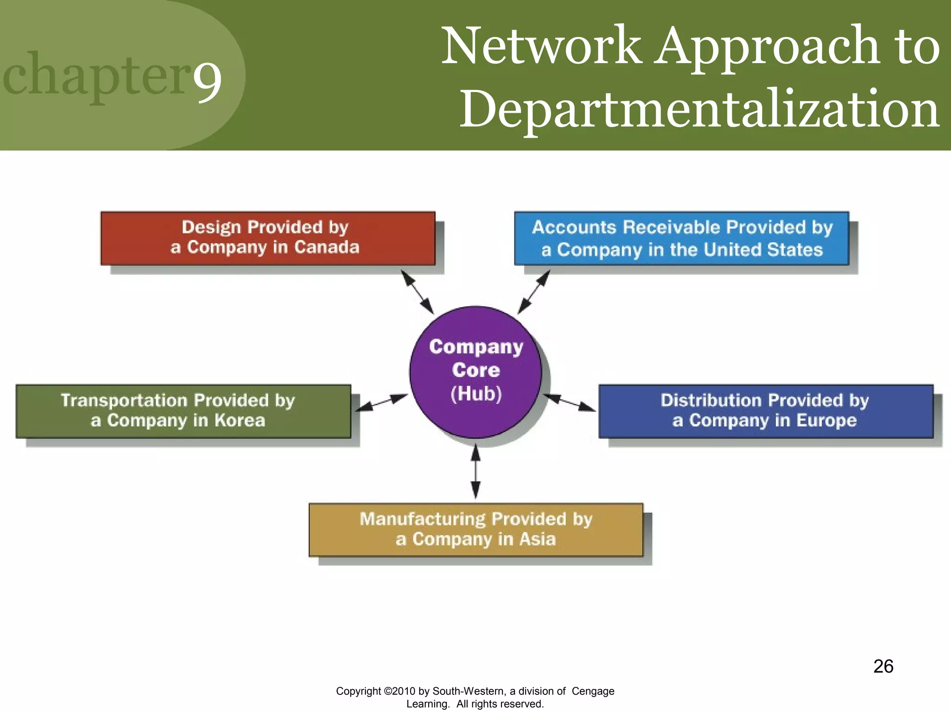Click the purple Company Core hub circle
pyautogui.click(x=475, y=371)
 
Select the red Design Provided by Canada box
pyautogui.click(x=267, y=238)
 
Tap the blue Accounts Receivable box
pyautogui.click(x=681, y=238)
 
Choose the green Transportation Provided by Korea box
pyautogui.click(x=183, y=411)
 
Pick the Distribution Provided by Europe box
pyautogui.click(x=766, y=411)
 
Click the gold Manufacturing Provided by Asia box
pyautogui.click(x=475, y=530)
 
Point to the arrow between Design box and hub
pyautogui.click(x=417, y=292)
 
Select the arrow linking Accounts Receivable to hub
pyautogui.click(x=534, y=292)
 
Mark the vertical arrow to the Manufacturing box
pyautogui.click(x=475, y=471)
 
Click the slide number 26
pyautogui.click(x=883, y=667)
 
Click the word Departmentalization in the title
pyautogui.click(x=699, y=110)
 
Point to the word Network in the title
pyautogui.click(x=541, y=46)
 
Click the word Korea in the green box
pyautogui.click(x=240, y=421)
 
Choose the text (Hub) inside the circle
pyautogui.click(x=476, y=394)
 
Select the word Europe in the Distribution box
pyautogui.click(x=827, y=421)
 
